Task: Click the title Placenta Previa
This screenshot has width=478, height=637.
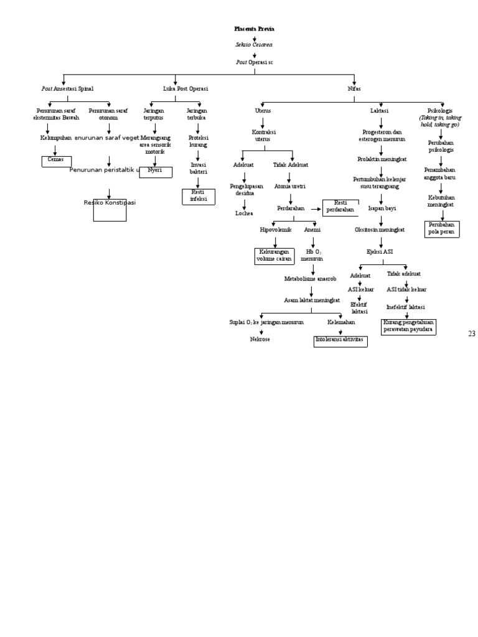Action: (x=254, y=29)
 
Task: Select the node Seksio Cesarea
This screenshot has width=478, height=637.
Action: (x=254, y=45)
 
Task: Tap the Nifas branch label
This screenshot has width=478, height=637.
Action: (x=354, y=89)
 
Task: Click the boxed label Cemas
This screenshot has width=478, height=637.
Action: (x=56, y=159)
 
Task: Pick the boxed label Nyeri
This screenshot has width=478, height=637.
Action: (x=155, y=170)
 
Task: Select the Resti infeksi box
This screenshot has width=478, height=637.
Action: (x=199, y=196)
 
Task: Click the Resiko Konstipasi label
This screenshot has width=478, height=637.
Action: (x=110, y=203)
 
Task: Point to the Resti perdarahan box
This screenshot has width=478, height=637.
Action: (x=340, y=207)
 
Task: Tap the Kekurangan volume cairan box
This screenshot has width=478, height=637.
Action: (x=275, y=255)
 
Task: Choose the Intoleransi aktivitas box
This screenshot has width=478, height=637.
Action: (x=340, y=340)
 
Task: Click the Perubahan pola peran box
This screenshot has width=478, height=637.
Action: (x=441, y=228)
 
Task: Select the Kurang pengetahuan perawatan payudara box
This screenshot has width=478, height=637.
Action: (x=408, y=326)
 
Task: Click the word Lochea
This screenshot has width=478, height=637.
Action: (x=244, y=213)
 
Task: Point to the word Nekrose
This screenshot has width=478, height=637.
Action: (x=260, y=340)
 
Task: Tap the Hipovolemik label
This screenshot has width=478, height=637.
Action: (x=275, y=230)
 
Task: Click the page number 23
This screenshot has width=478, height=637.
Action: (x=471, y=334)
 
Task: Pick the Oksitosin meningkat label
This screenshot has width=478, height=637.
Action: (x=380, y=230)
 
